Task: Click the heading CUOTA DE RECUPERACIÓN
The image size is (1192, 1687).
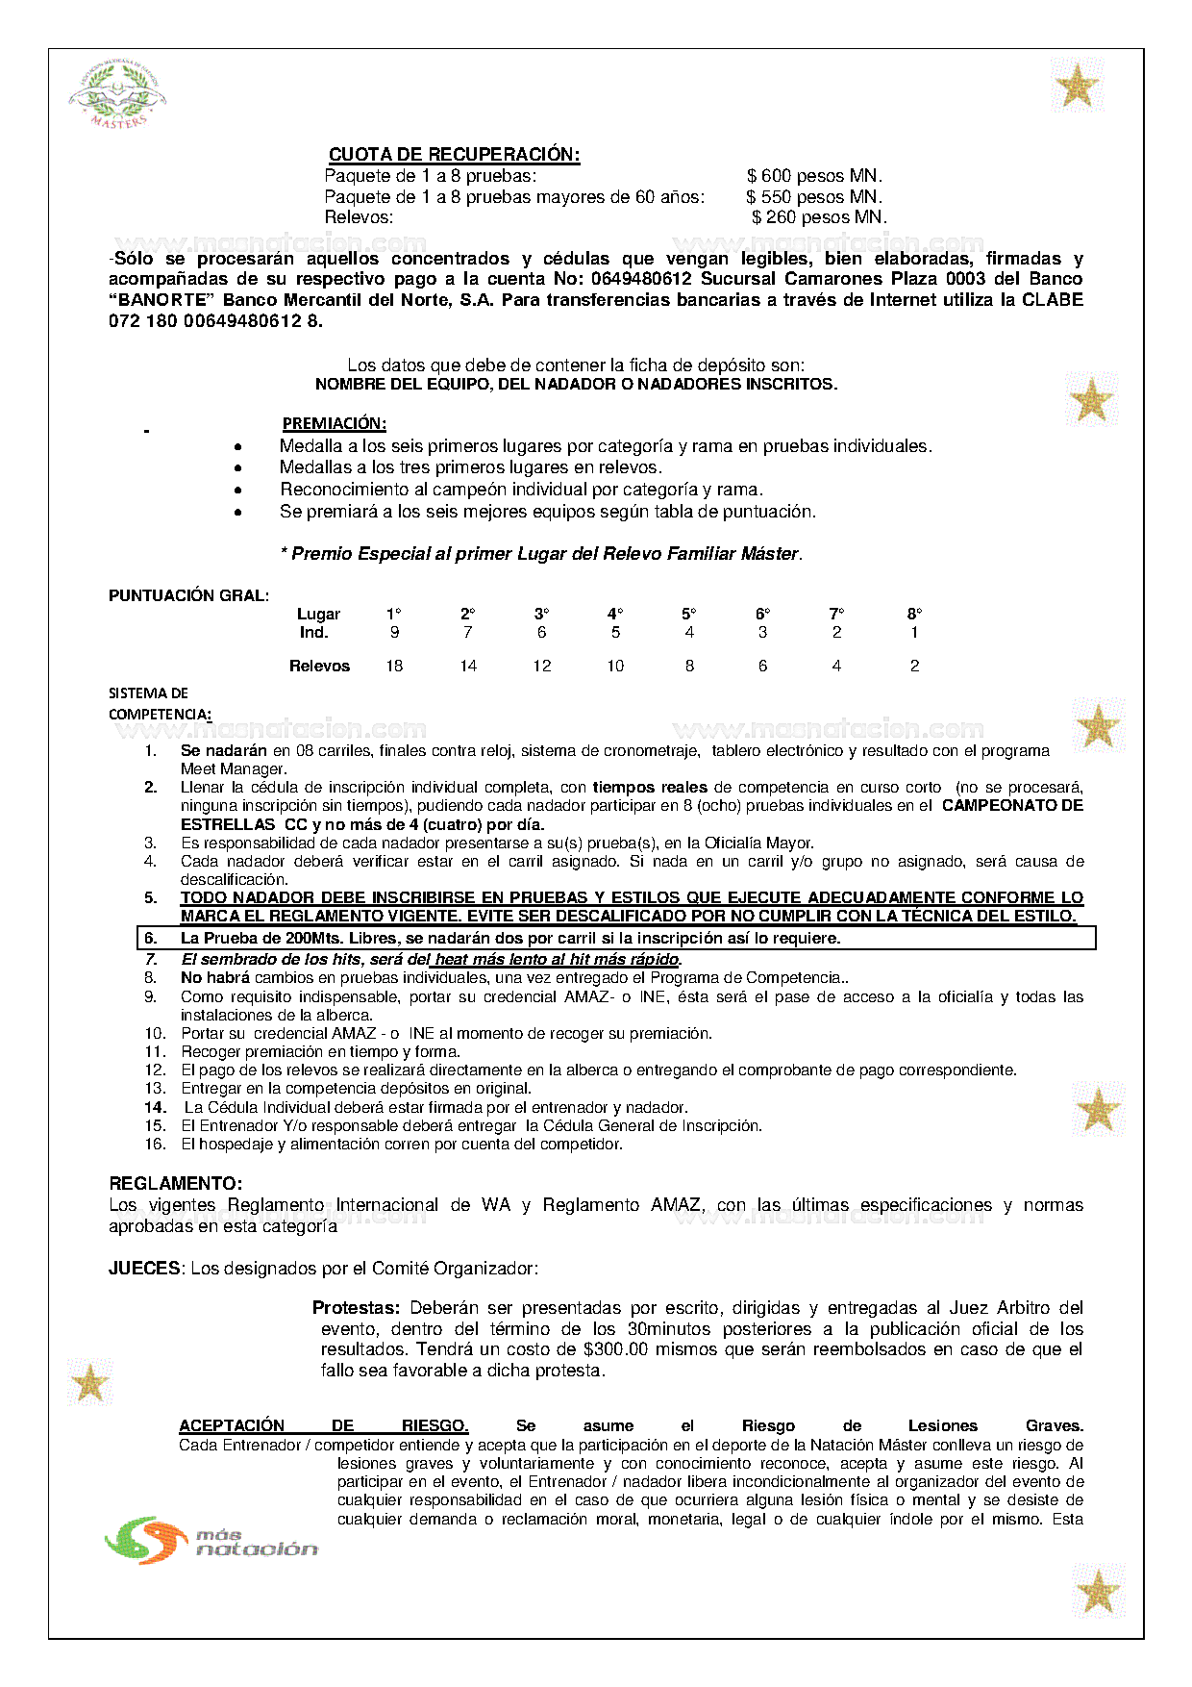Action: (454, 155)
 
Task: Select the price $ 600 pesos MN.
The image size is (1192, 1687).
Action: (814, 176)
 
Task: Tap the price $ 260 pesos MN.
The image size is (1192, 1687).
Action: (819, 217)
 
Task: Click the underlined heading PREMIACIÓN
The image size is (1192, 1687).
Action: (334, 424)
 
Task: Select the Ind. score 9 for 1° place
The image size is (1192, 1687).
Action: (394, 633)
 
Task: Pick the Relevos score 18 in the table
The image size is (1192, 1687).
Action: (394, 667)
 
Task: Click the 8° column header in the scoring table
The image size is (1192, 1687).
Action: (914, 614)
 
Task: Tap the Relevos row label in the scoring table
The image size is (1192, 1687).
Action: (319, 667)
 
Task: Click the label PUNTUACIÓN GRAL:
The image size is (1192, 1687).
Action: (188, 596)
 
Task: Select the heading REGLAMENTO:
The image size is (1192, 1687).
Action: (175, 1184)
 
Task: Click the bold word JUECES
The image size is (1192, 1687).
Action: (144, 1269)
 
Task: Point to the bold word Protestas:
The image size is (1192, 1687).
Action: (356, 1308)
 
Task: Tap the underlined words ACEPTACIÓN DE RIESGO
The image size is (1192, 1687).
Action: (323, 1426)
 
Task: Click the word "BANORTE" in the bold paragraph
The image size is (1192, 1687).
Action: (158, 300)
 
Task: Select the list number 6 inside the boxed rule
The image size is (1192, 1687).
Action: (150, 938)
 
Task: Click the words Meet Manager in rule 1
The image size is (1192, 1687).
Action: (233, 769)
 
